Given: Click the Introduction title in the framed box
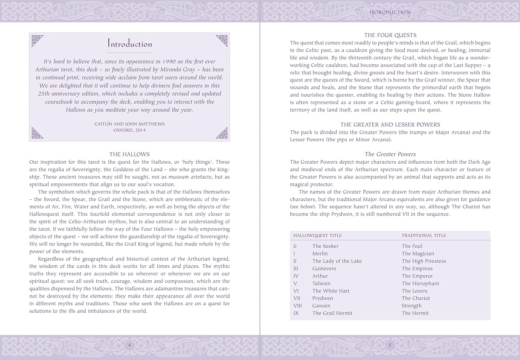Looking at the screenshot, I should [x=130, y=44].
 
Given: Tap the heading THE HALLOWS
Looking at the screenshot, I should [x=130, y=154].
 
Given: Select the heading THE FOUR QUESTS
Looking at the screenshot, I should [x=390, y=35].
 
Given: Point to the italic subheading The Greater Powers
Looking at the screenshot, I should [x=390, y=154].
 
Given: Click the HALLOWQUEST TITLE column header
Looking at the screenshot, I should [x=318, y=235].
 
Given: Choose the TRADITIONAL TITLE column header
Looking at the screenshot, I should [x=424, y=235].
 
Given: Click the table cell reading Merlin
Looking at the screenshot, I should [x=320, y=254].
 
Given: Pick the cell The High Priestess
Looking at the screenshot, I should [x=424, y=261].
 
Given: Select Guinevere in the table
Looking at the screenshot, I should [x=324, y=268].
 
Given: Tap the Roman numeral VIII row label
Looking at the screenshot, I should [x=297, y=306].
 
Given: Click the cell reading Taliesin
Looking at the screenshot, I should [x=321, y=283].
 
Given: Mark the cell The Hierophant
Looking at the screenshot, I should [x=420, y=283].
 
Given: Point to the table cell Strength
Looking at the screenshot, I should [x=411, y=306].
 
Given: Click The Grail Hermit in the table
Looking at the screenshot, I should [x=332, y=313].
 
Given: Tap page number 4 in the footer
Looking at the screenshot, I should [x=130, y=345].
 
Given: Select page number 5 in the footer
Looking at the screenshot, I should [x=390, y=345].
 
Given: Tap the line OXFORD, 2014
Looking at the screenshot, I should [x=129, y=130].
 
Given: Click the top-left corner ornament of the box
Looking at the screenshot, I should [x=37, y=40].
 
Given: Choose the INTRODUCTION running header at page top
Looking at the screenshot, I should [x=390, y=12].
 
